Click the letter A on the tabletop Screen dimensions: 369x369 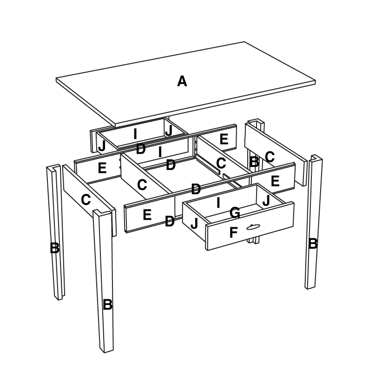[182, 82]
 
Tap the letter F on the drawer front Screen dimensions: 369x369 [234, 232]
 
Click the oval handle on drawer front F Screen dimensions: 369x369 [253, 226]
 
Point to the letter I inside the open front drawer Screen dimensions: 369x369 [218, 203]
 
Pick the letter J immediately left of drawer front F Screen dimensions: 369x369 [194, 224]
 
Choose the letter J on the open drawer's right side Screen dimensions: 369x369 [266, 200]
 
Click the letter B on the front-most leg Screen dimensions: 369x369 [107, 305]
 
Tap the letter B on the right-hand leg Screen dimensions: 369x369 [313, 243]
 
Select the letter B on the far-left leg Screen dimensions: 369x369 [54, 248]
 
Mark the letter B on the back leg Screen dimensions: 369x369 [254, 162]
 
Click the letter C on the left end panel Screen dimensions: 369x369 [86, 200]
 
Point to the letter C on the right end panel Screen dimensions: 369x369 [270, 156]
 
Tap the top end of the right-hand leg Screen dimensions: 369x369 [316, 158]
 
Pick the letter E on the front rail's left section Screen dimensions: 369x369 [147, 215]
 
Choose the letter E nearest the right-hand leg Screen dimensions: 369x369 [275, 181]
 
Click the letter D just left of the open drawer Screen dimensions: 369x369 [170, 221]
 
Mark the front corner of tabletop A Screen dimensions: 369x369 [114, 125]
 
